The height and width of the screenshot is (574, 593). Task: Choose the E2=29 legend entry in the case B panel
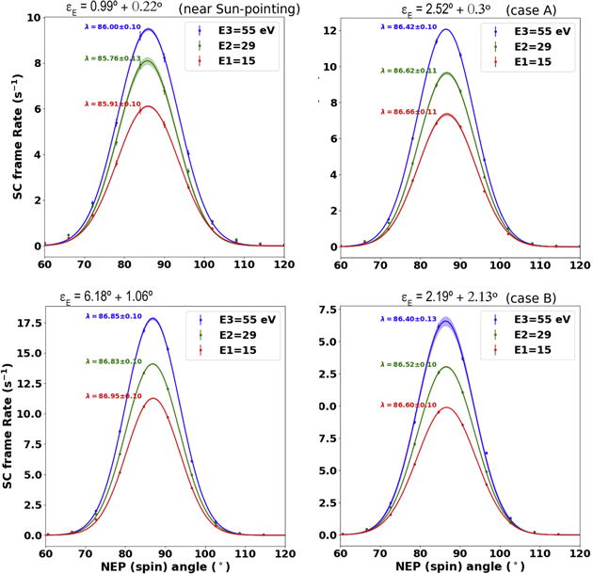coord(532,333)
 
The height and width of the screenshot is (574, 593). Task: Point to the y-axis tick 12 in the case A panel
coord(325,30)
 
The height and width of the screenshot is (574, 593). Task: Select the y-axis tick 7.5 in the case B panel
coord(322,308)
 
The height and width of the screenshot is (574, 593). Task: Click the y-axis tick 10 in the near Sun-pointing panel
coord(33,18)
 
